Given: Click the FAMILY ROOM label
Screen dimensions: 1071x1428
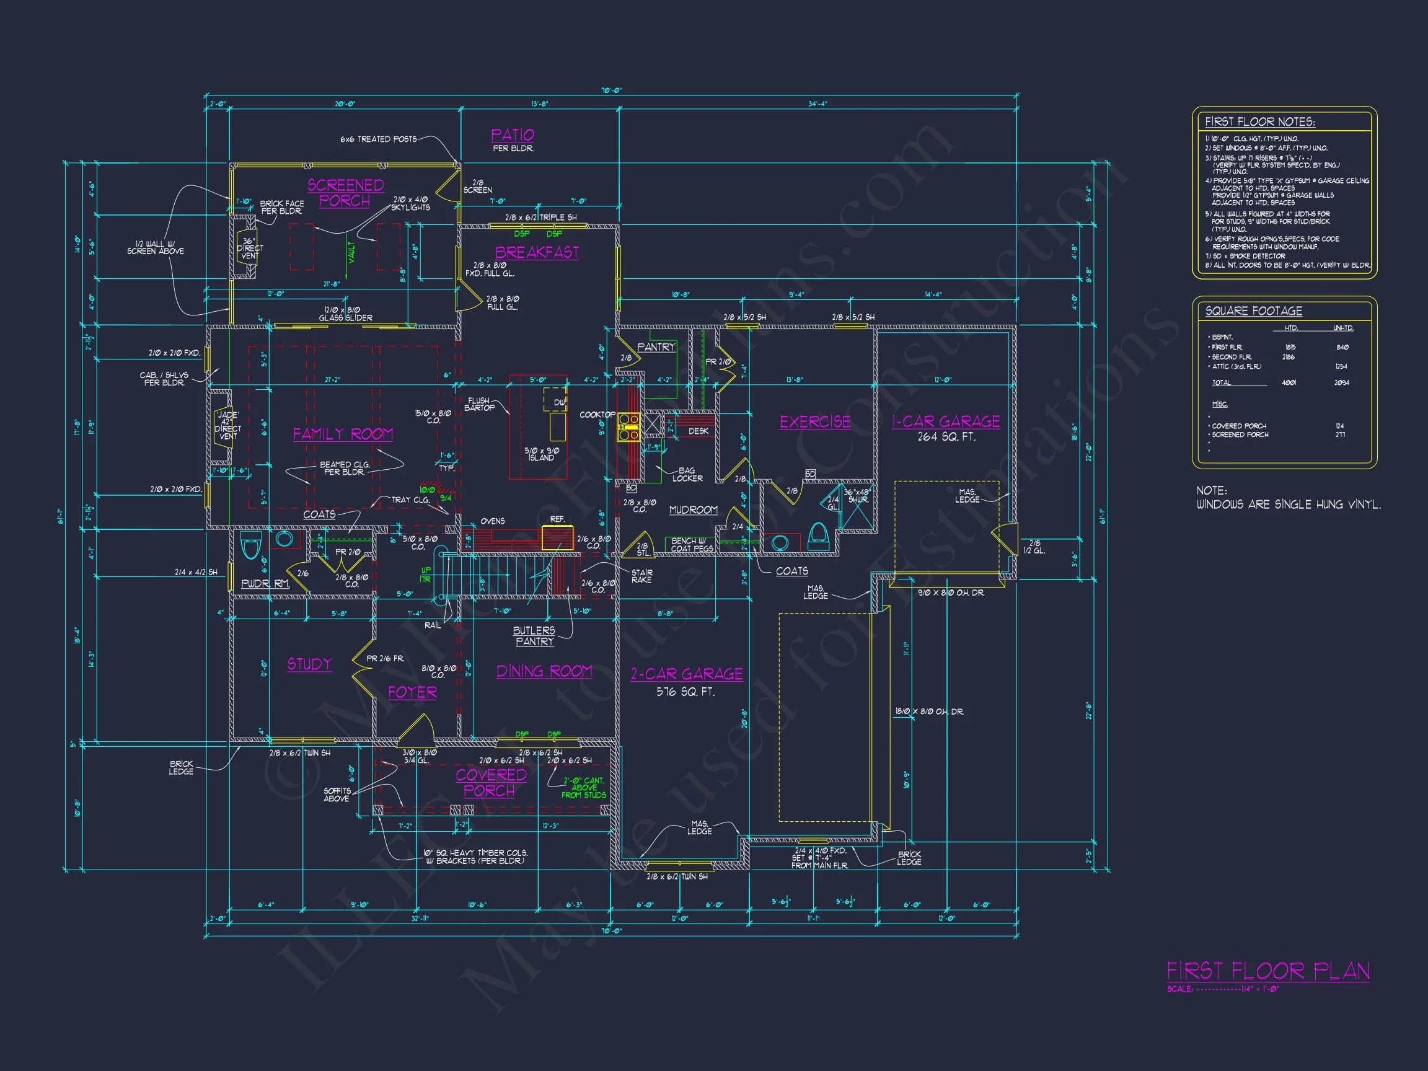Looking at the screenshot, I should click(x=343, y=434).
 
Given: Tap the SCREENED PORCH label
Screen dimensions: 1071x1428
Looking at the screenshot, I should click(x=345, y=193).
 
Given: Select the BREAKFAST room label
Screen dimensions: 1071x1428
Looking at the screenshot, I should click(x=537, y=252).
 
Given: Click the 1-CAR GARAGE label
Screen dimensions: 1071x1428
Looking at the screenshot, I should click(x=946, y=421).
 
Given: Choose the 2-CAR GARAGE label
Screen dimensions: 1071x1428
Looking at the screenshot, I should click(x=686, y=674).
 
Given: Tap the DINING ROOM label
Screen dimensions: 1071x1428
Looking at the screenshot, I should click(x=544, y=671).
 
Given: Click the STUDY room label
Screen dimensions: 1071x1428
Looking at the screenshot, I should click(x=309, y=664).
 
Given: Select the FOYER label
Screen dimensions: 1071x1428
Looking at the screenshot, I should click(x=413, y=693).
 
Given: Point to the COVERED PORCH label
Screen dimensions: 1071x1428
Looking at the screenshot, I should click(x=491, y=782).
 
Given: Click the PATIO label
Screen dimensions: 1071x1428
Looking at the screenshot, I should click(x=513, y=135).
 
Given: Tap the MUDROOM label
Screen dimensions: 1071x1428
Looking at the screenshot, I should click(x=694, y=510).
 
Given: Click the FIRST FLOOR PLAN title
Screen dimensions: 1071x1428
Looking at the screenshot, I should click(x=1268, y=971).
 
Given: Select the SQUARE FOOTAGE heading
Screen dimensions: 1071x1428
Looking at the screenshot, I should click(x=1254, y=311).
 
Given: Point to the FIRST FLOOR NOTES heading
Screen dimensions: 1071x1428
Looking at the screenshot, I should click(x=1259, y=122).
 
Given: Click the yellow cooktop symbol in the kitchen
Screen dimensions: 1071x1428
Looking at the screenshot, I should click(x=628, y=428).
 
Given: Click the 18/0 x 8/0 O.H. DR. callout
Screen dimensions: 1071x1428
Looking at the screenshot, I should click(x=929, y=712).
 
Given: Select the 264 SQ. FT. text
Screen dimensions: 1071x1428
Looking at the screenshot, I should click(x=946, y=437).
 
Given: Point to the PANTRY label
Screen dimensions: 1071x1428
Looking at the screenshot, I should click(x=656, y=347).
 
